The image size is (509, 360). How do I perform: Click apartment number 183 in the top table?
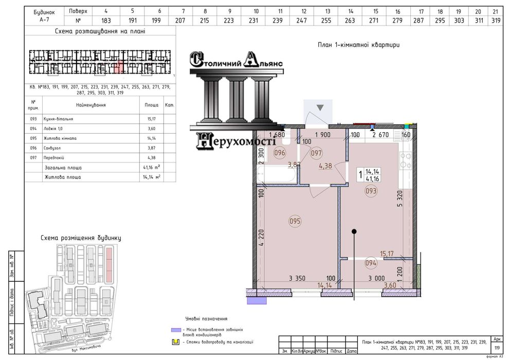pos(106,20)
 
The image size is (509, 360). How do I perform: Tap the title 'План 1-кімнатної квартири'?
pos(358,45)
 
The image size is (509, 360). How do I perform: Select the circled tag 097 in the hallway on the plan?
pos(317,153)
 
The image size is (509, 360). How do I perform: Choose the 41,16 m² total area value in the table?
pos(151,168)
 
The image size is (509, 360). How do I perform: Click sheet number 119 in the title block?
pos(496,348)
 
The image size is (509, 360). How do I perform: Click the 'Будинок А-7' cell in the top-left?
pos(43,15)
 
